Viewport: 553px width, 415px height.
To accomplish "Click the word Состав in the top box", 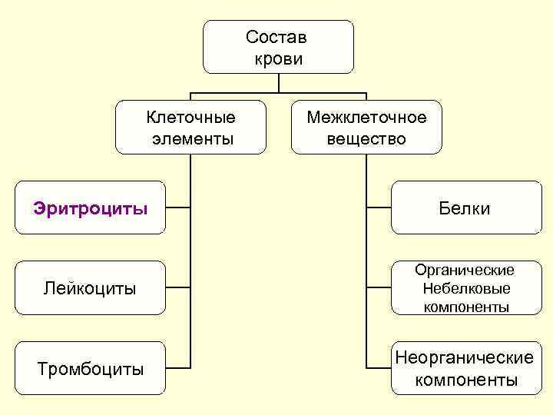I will coord(276,37).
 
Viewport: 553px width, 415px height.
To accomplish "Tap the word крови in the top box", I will coord(276,58).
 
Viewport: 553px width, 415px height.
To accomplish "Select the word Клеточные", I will coord(190,118).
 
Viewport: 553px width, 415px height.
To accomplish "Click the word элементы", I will coord(190,139).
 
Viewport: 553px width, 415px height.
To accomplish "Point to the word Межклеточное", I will coord(366,118).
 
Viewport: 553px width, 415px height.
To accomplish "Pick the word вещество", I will coord(366,139).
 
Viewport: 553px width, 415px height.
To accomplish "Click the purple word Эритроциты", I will coord(91,208).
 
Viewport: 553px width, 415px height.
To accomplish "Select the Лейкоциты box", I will coord(91,288).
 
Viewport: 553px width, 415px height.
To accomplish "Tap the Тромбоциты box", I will coord(91,368).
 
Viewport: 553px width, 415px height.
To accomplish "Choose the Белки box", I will coord(465,208).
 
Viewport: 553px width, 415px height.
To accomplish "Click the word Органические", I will coord(465,271).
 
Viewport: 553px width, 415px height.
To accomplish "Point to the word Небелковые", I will coord(465,289).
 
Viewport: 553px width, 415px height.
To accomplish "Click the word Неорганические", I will coord(465,358).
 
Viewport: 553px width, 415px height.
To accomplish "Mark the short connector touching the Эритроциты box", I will coord(178,208).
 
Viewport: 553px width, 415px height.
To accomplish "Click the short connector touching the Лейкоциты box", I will coord(178,288).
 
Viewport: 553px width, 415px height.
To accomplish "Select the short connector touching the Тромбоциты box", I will coord(178,368).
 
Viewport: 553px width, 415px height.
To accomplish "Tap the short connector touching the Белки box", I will coord(379,208).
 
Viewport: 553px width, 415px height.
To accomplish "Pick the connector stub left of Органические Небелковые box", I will coord(379,288).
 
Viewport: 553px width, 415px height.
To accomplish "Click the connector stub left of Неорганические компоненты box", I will coord(379,368).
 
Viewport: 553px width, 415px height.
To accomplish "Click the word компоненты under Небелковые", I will coord(465,307).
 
